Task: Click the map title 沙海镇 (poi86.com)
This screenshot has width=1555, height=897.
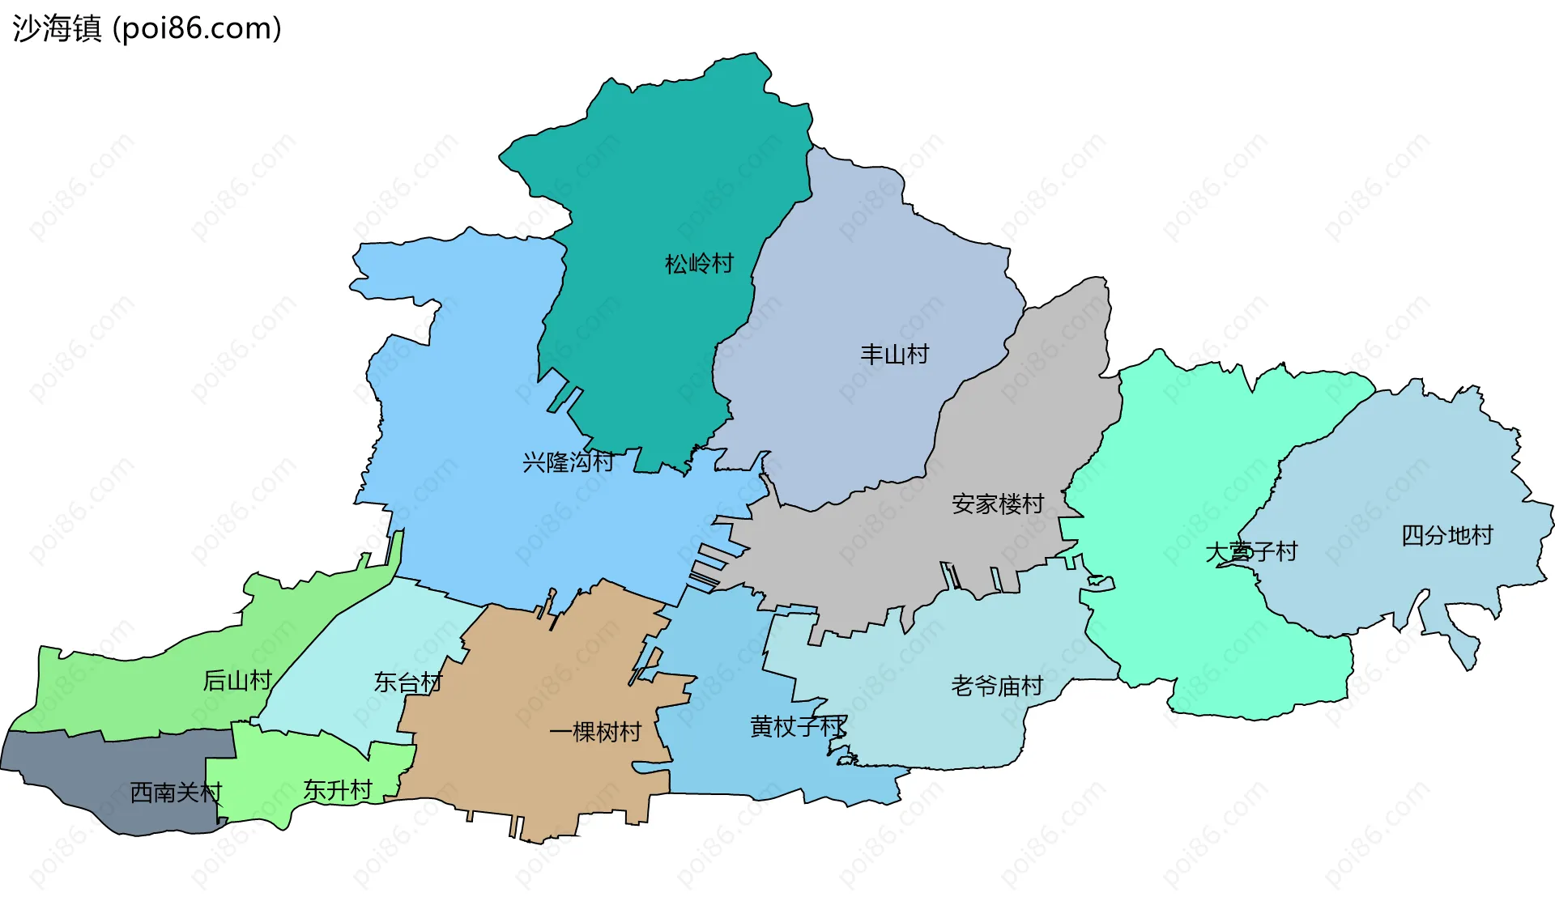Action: pos(147,28)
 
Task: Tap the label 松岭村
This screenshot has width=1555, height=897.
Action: pos(699,264)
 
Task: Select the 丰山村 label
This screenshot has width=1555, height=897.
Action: pos(894,355)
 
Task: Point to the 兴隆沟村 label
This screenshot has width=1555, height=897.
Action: pos(568,462)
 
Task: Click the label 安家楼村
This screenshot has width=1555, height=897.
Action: pos(998,504)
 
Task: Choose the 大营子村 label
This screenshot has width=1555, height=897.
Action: pos(1251,552)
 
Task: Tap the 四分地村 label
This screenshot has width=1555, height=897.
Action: pos(1447,535)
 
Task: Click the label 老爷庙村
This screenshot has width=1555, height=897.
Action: pos(997,687)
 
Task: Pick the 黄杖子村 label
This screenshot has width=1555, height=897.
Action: pos(799,726)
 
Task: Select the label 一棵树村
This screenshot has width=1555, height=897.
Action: pos(595,732)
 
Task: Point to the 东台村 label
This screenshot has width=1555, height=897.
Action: pos(408,682)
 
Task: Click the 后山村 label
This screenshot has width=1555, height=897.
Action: pos(237,680)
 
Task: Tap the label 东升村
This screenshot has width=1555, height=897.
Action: pos(338,790)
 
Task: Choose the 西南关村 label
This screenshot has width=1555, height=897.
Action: pos(176,792)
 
